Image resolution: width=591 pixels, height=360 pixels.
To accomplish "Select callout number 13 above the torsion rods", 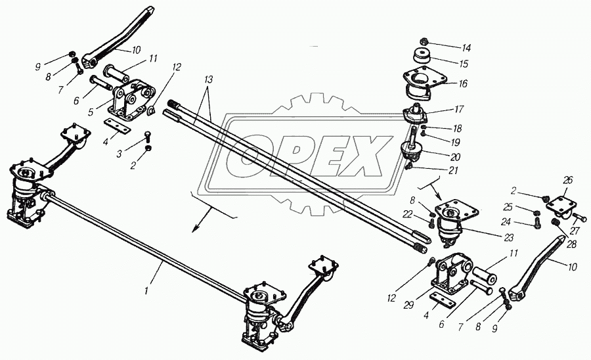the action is pos(208,80).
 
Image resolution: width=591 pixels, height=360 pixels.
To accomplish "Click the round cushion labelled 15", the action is pos(422,56).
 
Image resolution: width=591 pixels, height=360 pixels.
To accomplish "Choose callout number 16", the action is pos(462,83).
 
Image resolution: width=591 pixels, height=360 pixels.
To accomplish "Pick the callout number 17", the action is pos(459,109).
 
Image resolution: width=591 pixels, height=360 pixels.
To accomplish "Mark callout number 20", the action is pos(456,157).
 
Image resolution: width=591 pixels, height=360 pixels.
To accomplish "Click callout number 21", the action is pos(453,170).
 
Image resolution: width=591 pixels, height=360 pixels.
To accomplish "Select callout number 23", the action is pos(508,238).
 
